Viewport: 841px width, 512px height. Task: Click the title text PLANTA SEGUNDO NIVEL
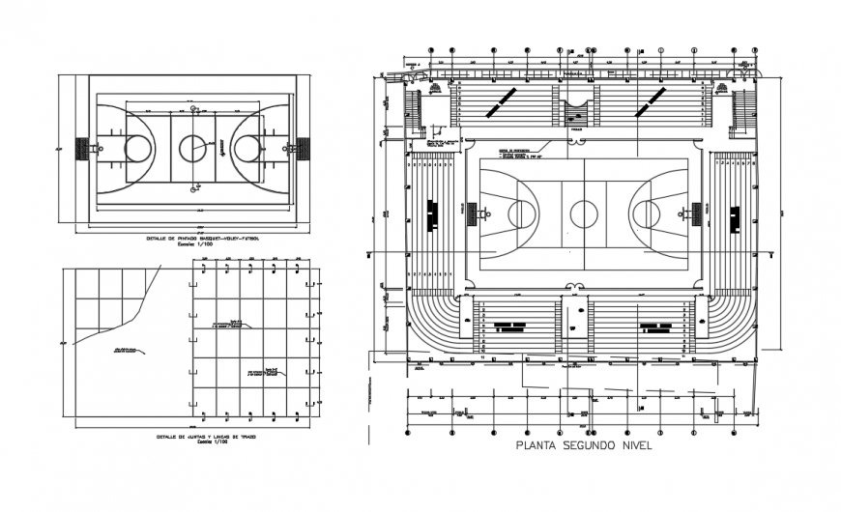point(584,446)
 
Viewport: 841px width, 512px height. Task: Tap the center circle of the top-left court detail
point(192,148)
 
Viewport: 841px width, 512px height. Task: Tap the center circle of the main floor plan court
point(583,213)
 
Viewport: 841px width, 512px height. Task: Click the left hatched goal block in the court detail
point(82,149)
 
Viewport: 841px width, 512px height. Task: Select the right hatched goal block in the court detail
point(304,149)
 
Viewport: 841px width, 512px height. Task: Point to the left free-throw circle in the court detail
point(138,148)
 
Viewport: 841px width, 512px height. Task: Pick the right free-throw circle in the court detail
point(247,148)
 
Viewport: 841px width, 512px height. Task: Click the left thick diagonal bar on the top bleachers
point(500,100)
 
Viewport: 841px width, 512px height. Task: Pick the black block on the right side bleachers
point(735,214)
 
